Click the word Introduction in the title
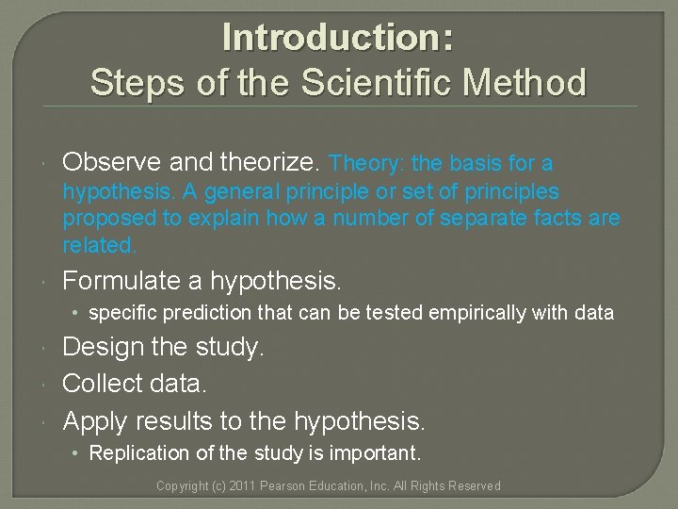pyautogui.click(x=332, y=38)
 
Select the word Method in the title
pyautogui.click(x=532, y=82)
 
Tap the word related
pyautogui.click(x=99, y=245)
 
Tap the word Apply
pyautogui.click(x=95, y=419)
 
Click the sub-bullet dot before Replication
pyautogui.click(x=78, y=454)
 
